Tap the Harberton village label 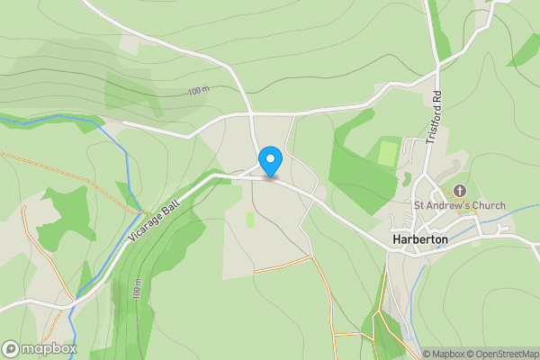point(427,240)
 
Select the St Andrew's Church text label point(459,206)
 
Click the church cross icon point(460,190)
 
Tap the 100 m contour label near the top point(198,91)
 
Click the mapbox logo point(40,348)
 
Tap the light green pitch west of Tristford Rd point(387,152)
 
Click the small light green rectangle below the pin point(251,220)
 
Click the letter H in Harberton point(397,240)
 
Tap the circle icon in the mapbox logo point(12,348)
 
